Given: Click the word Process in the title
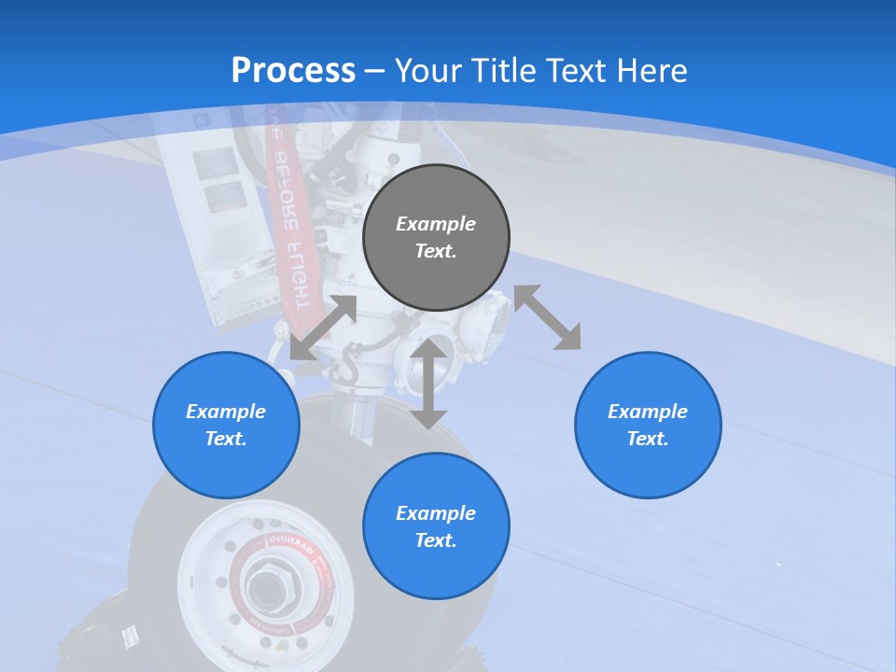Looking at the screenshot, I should click(x=293, y=71).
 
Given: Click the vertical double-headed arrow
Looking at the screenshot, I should click(x=428, y=384).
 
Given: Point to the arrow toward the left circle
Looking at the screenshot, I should click(x=323, y=328).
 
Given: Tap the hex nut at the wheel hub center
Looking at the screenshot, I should click(x=267, y=586).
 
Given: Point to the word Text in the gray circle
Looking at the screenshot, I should click(x=436, y=251).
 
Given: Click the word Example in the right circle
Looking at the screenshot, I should click(x=648, y=412).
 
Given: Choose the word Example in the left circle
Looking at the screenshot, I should click(x=226, y=412).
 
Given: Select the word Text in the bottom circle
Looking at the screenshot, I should click(x=436, y=540).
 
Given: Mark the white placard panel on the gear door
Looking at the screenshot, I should click(x=218, y=182).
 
